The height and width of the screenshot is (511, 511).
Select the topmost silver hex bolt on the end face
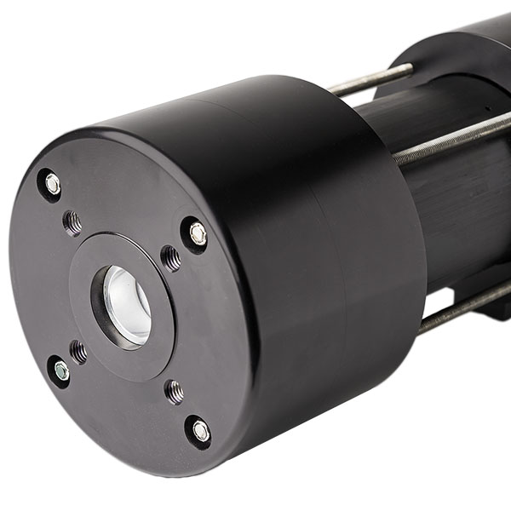pos(52,183)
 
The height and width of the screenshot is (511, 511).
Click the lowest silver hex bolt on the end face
pos(200,431)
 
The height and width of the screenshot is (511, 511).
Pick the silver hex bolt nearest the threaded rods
pos(198,233)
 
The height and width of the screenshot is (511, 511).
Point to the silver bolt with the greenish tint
pos(60,370)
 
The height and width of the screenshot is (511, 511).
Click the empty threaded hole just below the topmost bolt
pos(73,223)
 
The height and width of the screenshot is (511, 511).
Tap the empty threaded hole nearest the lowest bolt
pos(175,391)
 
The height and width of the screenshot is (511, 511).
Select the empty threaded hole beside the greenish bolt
pos(78,350)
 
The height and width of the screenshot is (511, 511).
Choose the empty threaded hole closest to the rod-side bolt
pos(170,256)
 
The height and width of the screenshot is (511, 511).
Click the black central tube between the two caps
pos(460,204)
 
